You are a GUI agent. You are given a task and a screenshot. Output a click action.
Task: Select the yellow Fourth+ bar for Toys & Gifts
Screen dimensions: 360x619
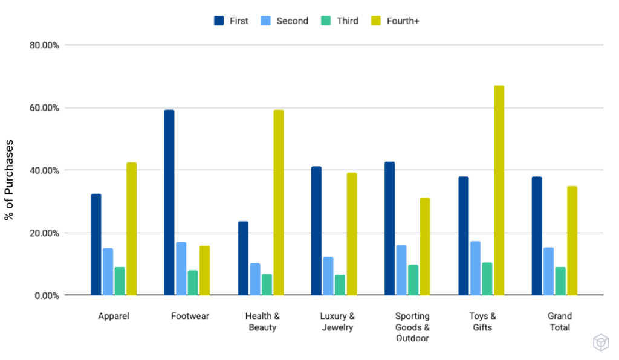[499, 190]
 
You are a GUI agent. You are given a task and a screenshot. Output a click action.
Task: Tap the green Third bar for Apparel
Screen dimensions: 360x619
[120, 281]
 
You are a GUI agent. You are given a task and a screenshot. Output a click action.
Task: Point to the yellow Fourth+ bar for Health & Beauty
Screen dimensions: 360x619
[278, 202]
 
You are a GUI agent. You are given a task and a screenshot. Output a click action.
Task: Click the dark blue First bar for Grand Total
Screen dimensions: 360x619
[537, 236]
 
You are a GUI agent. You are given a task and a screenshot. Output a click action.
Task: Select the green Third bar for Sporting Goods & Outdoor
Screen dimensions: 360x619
[413, 280]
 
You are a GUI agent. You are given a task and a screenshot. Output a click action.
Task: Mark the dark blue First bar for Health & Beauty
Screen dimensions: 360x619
[243, 258]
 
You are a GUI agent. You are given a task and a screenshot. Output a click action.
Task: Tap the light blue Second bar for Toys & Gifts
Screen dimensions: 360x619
[475, 268]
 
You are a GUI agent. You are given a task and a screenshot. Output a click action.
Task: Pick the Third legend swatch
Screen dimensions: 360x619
[326, 21]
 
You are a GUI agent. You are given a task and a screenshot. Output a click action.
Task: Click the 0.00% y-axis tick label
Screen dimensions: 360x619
[44, 295]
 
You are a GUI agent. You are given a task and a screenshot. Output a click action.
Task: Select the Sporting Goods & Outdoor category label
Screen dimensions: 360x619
[412, 327]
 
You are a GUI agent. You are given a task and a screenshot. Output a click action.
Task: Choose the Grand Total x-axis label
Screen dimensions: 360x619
[559, 321]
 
